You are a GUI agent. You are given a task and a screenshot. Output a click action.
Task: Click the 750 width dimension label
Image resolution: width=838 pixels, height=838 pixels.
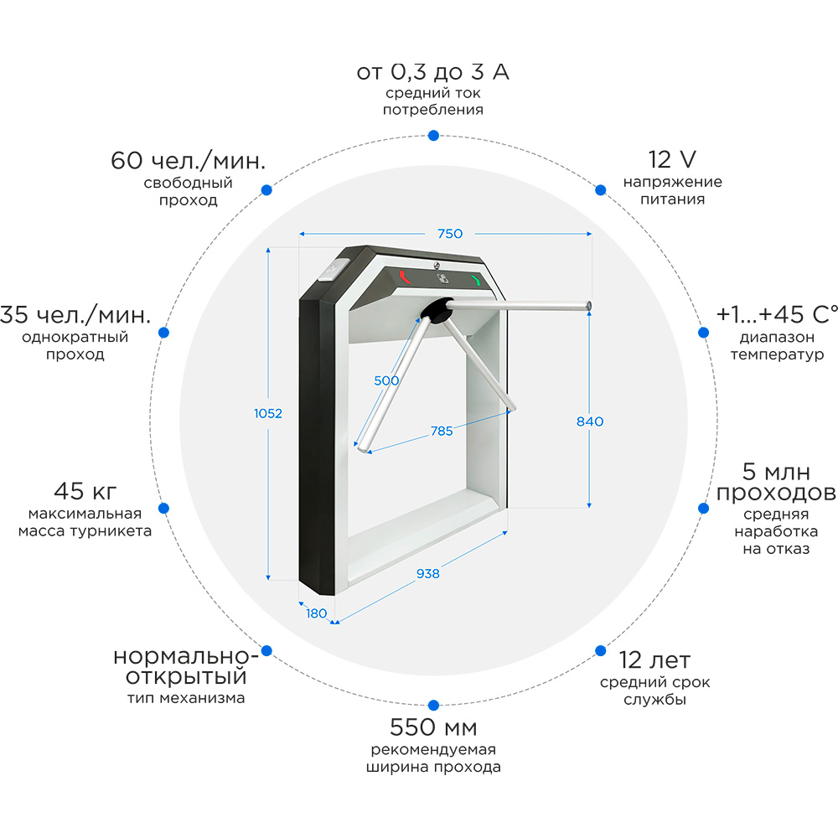pyautogui.click(x=450, y=234)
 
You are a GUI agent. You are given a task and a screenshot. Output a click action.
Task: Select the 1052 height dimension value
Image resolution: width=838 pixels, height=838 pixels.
pyautogui.click(x=268, y=413)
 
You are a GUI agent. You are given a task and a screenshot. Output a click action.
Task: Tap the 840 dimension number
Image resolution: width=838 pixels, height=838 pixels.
pyautogui.click(x=589, y=422)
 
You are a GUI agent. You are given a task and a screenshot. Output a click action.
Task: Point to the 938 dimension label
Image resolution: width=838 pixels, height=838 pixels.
pyautogui.click(x=427, y=573)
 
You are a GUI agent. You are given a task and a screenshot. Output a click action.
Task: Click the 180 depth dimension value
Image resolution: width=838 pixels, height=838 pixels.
pyautogui.click(x=316, y=613)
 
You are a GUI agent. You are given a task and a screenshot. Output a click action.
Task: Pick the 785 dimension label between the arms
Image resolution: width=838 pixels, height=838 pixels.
pyautogui.click(x=442, y=431)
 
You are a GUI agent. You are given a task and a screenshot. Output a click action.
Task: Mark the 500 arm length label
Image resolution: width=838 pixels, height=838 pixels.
pyautogui.click(x=386, y=380)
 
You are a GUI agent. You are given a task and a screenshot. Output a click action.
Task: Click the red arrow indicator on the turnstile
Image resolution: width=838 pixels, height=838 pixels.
pyautogui.click(x=406, y=277)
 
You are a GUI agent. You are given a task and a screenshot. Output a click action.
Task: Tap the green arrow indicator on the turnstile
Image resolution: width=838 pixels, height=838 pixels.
pyautogui.click(x=478, y=281)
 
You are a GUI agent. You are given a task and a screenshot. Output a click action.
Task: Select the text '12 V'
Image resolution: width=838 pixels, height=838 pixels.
pyautogui.click(x=672, y=159)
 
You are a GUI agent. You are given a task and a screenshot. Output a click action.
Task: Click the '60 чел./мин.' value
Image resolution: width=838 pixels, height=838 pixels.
pyautogui.click(x=188, y=160)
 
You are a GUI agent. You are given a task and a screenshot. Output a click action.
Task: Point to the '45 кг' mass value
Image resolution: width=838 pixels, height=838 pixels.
pyautogui.click(x=85, y=490)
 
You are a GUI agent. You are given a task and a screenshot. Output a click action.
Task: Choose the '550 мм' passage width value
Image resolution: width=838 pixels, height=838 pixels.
pyautogui.click(x=433, y=727)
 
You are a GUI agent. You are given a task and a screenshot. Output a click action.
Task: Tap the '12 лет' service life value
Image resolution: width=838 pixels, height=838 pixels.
pyautogui.click(x=654, y=660)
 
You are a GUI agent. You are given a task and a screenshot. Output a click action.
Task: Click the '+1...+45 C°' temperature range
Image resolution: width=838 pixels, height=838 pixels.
pyautogui.click(x=777, y=314)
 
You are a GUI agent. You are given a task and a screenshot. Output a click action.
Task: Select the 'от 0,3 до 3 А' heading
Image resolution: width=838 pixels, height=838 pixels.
pyautogui.click(x=432, y=72)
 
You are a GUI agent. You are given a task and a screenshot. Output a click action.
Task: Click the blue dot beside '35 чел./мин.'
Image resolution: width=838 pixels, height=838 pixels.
pyautogui.click(x=164, y=333)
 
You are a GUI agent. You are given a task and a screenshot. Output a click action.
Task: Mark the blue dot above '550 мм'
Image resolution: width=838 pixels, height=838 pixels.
pyautogui.click(x=433, y=706)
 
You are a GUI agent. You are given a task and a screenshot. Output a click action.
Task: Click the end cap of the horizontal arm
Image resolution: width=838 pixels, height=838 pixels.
pyautogui.click(x=589, y=305)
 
